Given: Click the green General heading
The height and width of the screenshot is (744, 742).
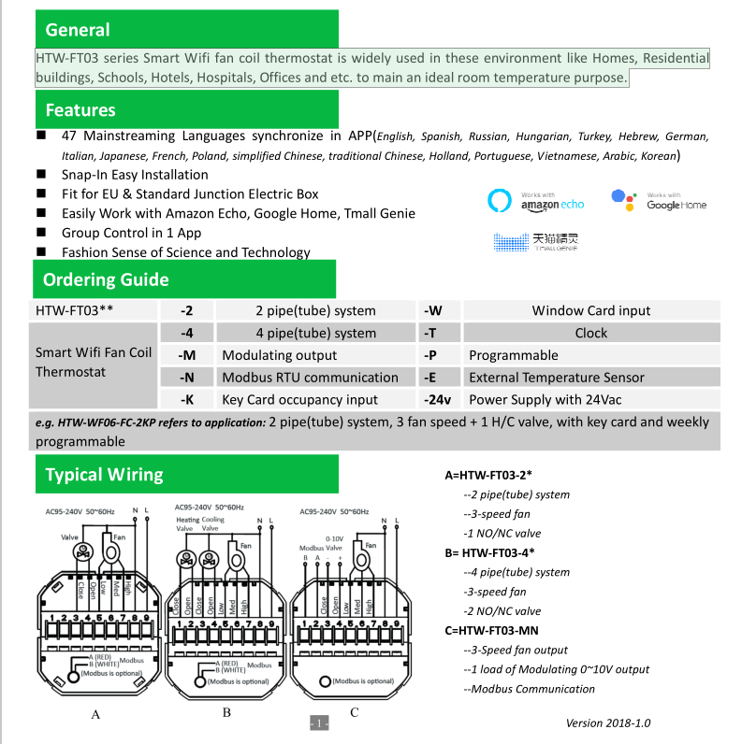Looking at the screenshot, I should coord(78,30).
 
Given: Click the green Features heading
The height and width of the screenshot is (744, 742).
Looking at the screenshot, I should coord(80,110).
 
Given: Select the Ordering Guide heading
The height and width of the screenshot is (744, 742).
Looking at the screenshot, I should coord(106,279).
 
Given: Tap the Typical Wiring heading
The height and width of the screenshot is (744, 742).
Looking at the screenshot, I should coord(104,474).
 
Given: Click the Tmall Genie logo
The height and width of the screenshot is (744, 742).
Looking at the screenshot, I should coord(536,241).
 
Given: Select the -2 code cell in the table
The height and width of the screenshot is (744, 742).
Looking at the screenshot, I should coord(187,310).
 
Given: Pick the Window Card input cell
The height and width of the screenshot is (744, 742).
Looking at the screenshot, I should coord(591,310).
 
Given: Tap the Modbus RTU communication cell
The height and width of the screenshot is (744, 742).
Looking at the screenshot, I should coord(310,378).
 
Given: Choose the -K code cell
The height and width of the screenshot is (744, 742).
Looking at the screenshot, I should coord(187,400).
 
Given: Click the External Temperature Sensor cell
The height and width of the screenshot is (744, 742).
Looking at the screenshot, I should coord(556,378).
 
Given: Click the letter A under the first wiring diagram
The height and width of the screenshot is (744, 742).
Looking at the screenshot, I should coord(95,714).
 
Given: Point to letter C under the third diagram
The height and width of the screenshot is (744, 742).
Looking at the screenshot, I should coord(354,712).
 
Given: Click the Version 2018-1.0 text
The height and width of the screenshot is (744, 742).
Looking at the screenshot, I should coord(607,723).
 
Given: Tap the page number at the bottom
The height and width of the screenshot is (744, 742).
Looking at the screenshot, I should coord(319,724).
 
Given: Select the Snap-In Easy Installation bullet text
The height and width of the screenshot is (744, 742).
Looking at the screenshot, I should coord(135,174).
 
